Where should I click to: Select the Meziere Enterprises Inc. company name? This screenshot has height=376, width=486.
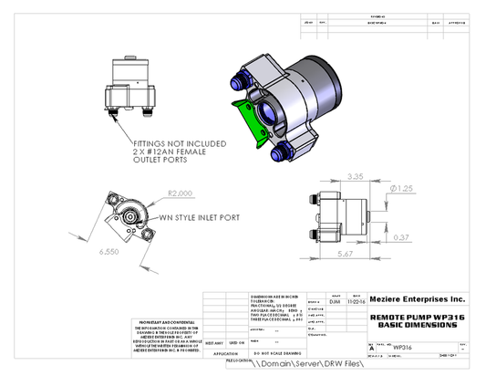click(x=417, y=298)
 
